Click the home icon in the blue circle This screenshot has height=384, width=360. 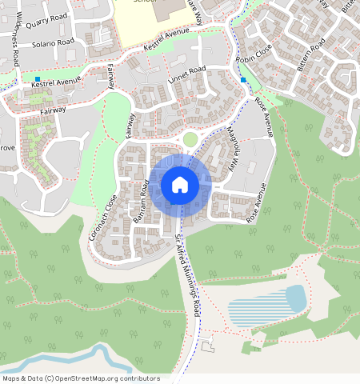(180, 185)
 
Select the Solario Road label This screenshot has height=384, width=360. (53, 41)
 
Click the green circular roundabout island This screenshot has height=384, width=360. (190, 139)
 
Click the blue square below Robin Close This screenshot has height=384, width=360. (242, 80)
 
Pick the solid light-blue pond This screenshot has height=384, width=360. (295, 298)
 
